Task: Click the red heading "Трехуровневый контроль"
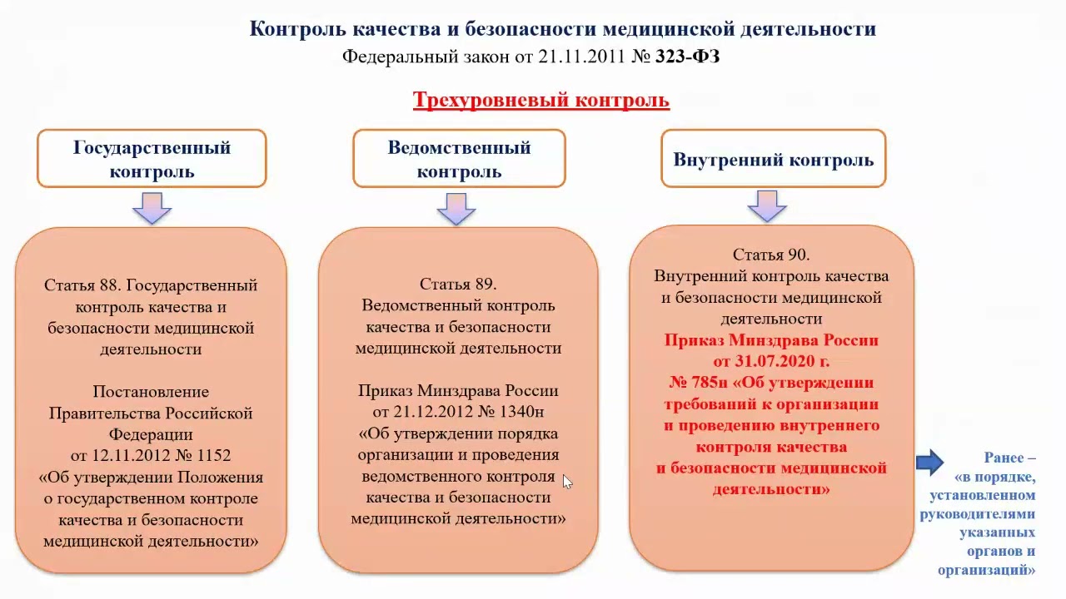pos(540,101)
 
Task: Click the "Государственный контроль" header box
pos(152,158)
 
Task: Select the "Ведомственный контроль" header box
pos(459,158)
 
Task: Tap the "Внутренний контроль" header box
pos(773,159)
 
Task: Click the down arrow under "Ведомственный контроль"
pos(456,209)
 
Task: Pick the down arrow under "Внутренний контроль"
pos(767,206)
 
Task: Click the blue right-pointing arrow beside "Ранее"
pos(929,462)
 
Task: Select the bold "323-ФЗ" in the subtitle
pos(687,57)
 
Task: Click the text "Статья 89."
pos(458,285)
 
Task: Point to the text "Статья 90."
pos(770,255)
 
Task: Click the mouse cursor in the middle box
pos(566,481)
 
